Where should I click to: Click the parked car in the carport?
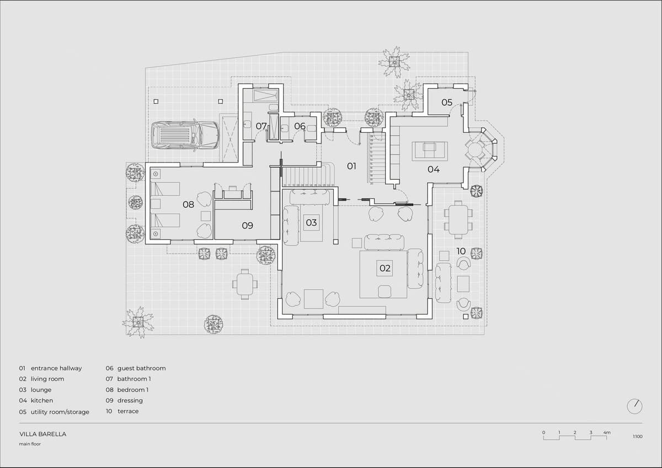pyautogui.click(x=185, y=135)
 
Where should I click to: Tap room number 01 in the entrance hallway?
pyautogui.click(x=351, y=166)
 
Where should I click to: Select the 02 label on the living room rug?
pyautogui.click(x=385, y=268)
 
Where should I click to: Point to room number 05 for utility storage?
pyautogui.click(x=447, y=103)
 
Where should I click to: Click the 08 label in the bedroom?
pyautogui.click(x=188, y=205)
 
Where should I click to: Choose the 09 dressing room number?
pyautogui.click(x=247, y=225)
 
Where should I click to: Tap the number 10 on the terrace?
pyautogui.click(x=461, y=251)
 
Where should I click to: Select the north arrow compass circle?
pyautogui.click(x=634, y=407)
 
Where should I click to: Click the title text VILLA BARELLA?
pyautogui.click(x=43, y=434)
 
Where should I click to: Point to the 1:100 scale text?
pyautogui.click(x=638, y=437)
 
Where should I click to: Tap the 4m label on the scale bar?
pyautogui.click(x=607, y=433)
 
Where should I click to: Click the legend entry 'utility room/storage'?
pyautogui.click(x=60, y=412)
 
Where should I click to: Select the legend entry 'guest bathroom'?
pyautogui.click(x=142, y=368)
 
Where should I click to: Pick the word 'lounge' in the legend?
pyautogui.click(x=41, y=390)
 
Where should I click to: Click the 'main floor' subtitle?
pyautogui.click(x=30, y=444)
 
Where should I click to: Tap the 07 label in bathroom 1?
pyautogui.click(x=261, y=126)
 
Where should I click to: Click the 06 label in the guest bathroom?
pyautogui.click(x=300, y=126)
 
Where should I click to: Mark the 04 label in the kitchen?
pyautogui.click(x=434, y=169)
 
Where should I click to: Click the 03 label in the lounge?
pyautogui.click(x=311, y=223)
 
